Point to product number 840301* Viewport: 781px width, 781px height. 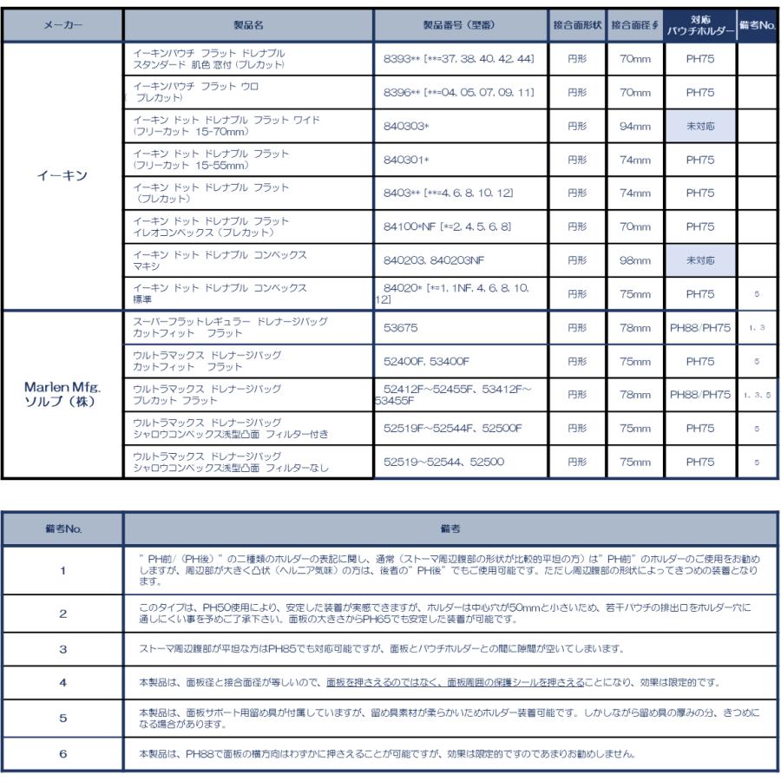click(x=407, y=161)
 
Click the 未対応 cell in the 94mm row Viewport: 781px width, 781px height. click(x=699, y=125)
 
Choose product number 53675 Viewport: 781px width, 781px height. click(x=402, y=328)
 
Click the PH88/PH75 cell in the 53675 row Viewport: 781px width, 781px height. click(x=699, y=328)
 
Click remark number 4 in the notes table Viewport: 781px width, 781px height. click(x=62, y=682)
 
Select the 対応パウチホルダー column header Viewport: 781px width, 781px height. click(x=699, y=24)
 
